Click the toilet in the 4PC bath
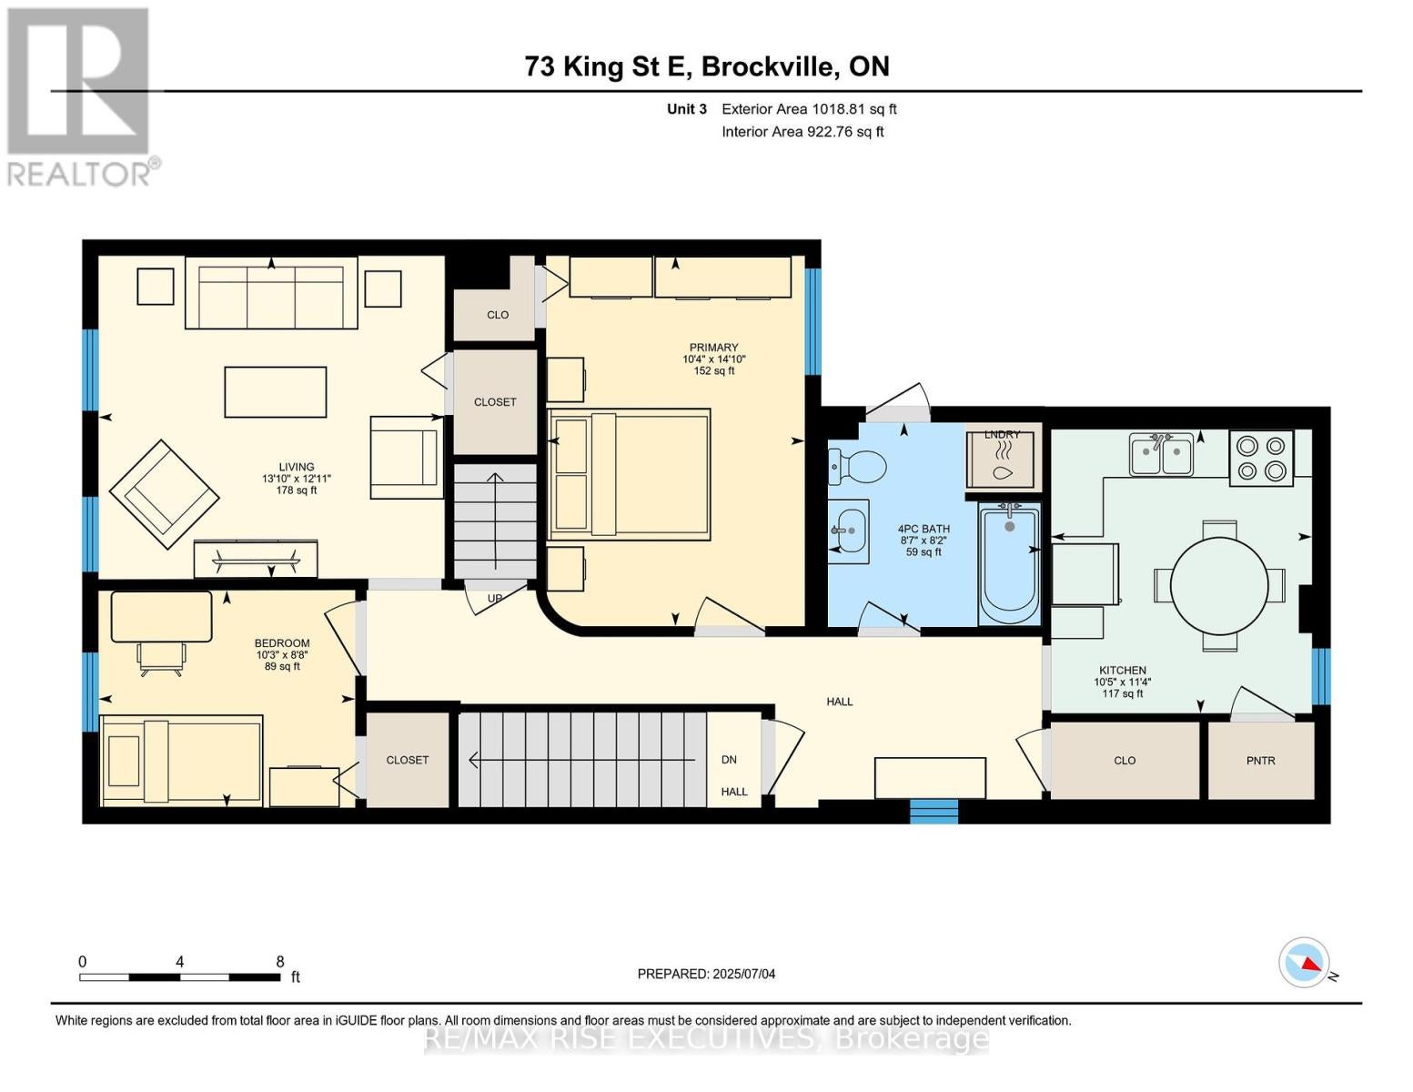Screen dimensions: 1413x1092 857,466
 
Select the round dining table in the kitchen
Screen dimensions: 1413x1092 1218,585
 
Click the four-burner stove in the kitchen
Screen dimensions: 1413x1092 1261,458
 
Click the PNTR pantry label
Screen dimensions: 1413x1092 1261,760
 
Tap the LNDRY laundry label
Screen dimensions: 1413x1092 1002,434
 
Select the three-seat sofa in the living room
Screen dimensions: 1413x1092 271,292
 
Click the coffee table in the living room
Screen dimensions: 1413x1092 275,391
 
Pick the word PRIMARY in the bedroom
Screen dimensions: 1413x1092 713,348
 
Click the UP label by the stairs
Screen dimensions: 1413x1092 495,599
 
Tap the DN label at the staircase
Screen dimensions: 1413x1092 729,760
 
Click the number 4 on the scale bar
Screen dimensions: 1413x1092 179,961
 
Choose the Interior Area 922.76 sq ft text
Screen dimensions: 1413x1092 803,132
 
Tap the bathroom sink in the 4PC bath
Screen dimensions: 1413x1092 849,531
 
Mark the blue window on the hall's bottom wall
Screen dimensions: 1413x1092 934,811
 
